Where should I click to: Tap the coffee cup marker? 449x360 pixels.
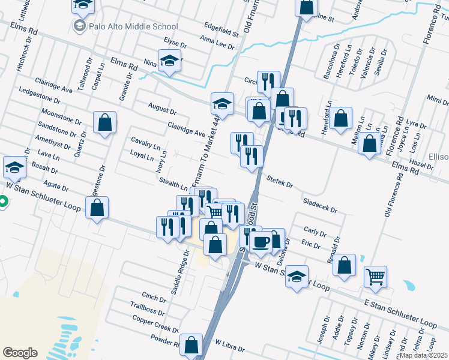click(261, 242)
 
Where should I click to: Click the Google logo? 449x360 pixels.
click(20, 353)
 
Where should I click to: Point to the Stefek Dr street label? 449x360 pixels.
click(279, 181)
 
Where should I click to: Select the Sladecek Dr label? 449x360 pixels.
click(320, 206)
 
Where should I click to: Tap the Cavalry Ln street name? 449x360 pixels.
click(145, 142)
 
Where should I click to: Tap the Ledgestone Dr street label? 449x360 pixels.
click(46, 99)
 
